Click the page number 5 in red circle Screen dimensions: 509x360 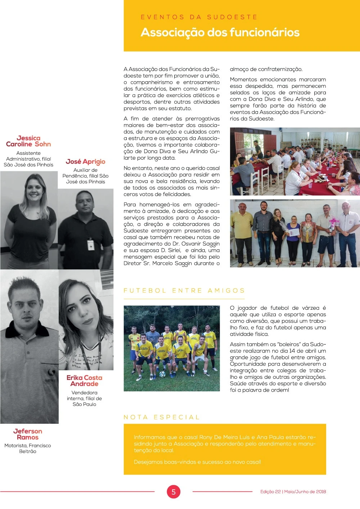point(173,492)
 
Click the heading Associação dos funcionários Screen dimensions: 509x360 point(220,32)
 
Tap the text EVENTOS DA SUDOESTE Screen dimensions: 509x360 point(199,17)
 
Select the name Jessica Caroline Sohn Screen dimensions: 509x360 point(28,141)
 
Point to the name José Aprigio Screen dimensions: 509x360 point(85,162)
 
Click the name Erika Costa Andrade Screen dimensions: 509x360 point(84,381)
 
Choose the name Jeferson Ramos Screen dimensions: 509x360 point(28,434)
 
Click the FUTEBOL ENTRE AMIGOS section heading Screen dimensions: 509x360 point(184,291)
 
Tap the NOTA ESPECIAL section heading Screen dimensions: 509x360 point(162,417)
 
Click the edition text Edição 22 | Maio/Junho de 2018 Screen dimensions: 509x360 point(293,492)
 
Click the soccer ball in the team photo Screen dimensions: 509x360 point(163,374)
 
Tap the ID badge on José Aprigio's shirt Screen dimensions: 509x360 point(91,245)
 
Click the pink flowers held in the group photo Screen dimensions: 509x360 point(334,221)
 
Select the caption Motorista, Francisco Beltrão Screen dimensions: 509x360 point(28,448)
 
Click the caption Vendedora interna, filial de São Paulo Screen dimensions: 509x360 point(84,399)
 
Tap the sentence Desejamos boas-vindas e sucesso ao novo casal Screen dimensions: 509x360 point(197,462)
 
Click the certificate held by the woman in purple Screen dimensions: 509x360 point(294,233)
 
